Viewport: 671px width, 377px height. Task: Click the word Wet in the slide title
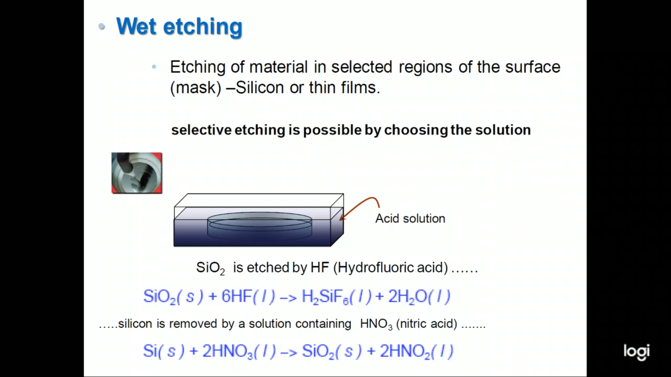point(136,26)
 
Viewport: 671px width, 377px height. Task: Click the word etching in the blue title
point(203,28)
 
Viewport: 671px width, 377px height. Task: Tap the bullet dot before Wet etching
point(102,27)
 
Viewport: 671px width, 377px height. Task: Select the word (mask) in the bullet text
point(196,88)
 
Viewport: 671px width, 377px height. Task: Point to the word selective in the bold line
point(201,130)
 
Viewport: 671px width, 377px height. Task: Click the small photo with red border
point(137,173)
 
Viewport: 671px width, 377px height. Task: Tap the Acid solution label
point(410,219)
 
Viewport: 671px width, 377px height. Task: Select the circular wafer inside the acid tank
point(260,226)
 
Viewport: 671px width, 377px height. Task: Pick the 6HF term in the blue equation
point(237,296)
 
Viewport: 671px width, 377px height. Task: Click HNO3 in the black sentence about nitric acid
point(376,324)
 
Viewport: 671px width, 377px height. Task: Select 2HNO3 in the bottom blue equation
point(228,352)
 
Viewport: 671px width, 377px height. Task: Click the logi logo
point(637,352)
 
